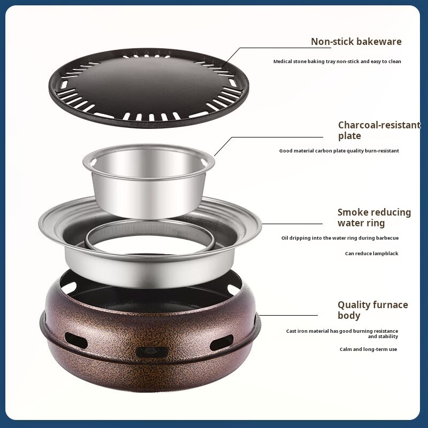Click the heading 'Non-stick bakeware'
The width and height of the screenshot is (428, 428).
point(356,42)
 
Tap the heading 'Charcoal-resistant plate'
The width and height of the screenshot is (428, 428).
point(379,130)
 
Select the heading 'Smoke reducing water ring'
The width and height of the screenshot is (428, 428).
point(374,218)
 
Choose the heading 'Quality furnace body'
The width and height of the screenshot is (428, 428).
point(373,310)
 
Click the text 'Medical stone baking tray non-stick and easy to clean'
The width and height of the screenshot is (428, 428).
point(337,62)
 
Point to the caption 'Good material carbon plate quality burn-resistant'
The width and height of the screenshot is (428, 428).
point(339,151)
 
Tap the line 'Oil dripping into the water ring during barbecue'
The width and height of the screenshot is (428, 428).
point(340,238)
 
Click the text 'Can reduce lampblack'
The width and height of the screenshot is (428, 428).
point(371,253)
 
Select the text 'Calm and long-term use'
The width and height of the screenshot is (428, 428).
point(368,349)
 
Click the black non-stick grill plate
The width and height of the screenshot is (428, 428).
point(149,88)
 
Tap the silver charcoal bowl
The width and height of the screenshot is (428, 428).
point(149,180)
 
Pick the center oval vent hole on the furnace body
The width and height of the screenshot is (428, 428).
point(151,352)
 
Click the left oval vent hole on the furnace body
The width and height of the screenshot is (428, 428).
point(76,340)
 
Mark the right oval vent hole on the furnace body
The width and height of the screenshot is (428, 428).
point(221,342)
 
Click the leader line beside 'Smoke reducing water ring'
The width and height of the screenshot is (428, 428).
point(292,224)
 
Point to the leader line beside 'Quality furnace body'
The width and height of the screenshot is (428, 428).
point(288,315)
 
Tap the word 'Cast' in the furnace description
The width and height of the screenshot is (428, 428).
point(291,331)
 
